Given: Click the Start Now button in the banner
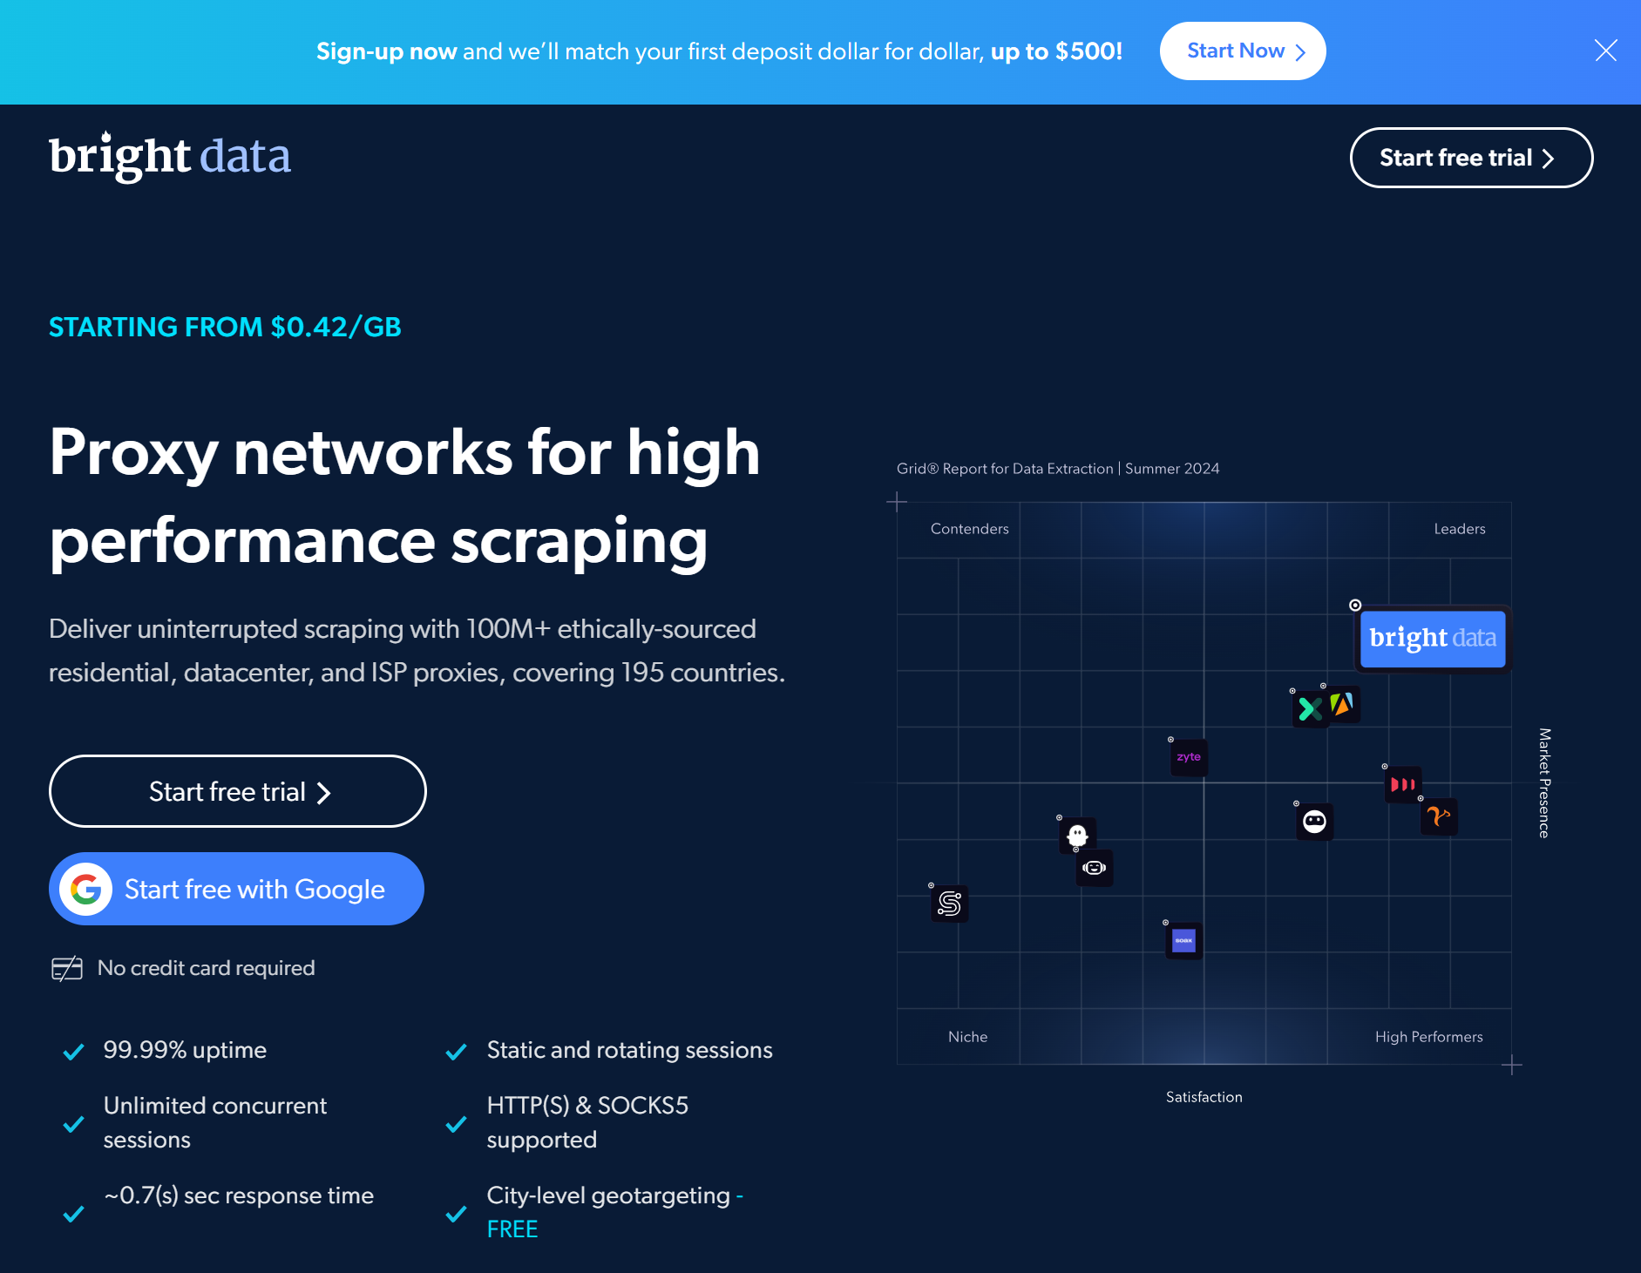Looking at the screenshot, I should click(x=1242, y=51).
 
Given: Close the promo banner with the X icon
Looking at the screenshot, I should click(x=1605, y=51).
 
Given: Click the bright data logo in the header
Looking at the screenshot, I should click(x=170, y=157).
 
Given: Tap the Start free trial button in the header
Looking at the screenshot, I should click(x=1471, y=158).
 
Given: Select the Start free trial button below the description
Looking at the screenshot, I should click(x=237, y=791).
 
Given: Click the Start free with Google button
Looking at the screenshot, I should click(x=237, y=889).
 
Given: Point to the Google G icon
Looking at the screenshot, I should click(x=85, y=889).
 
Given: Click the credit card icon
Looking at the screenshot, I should click(x=67, y=968).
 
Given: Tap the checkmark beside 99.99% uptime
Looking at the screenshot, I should click(x=74, y=1052).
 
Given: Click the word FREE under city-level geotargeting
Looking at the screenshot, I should click(x=512, y=1229).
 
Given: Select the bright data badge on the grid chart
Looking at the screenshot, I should click(x=1433, y=639).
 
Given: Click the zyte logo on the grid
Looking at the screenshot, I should click(x=1189, y=757).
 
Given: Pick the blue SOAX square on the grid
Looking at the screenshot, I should click(x=1183, y=941).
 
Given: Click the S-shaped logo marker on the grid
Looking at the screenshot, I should click(x=949, y=904).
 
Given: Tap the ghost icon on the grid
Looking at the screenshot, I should click(x=1077, y=835).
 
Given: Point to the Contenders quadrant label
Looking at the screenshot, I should click(x=969, y=529).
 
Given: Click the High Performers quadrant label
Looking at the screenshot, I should click(x=1428, y=1037).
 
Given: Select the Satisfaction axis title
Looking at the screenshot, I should click(x=1204, y=1097).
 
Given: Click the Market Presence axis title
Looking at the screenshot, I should click(x=1544, y=782).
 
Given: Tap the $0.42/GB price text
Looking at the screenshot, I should click(x=336, y=327).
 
